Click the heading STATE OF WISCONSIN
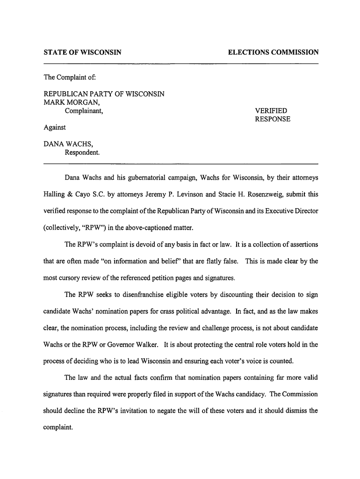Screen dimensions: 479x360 (x=82, y=52)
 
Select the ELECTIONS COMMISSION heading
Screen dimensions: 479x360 (x=273, y=52)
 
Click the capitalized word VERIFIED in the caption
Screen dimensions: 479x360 (x=271, y=111)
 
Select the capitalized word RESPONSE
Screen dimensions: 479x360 (x=273, y=119)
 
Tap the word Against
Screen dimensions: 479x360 (x=55, y=127)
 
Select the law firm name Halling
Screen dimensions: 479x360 (x=56, y=195)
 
